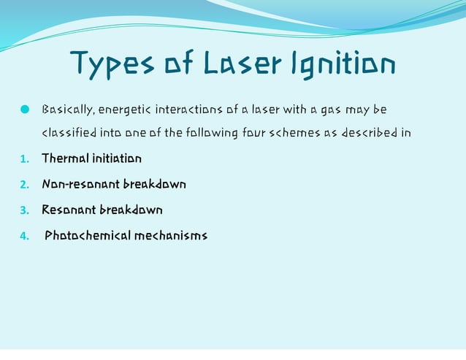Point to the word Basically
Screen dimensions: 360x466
point(66,110)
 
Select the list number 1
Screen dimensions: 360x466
point(23,159)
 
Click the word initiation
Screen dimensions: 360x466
point(118,158)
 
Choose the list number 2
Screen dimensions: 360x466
point(23,185)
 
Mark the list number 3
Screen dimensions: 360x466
point(23,210)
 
